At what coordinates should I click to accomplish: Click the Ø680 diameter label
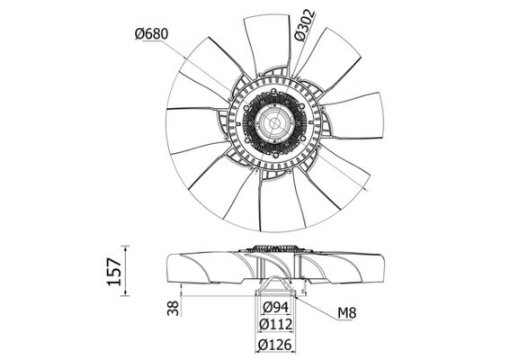(151, 34)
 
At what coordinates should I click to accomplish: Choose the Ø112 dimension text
(273, 325)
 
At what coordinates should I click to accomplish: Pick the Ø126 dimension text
(273, 344)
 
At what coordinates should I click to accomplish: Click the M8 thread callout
(348, 313)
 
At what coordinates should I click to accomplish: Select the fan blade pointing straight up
(267, 40)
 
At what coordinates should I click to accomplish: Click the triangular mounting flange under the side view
(273, 288)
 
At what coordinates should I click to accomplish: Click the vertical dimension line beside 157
(125, 270)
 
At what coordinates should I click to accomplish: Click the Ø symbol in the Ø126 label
(257, 344)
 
